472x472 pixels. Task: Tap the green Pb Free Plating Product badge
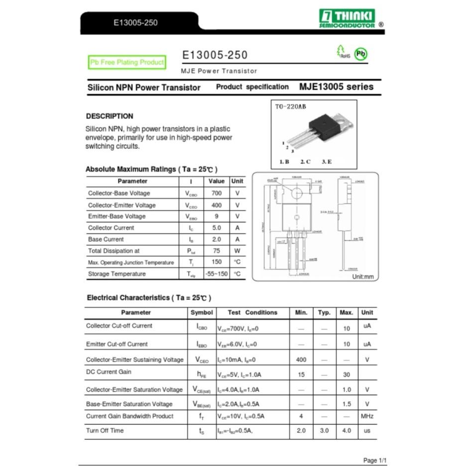[x=127, y=62]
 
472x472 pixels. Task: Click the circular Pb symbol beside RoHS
[x=360, y=54]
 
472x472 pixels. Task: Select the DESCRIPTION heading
[x=110, y=116]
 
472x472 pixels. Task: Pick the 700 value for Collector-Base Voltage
[x=216, y=193]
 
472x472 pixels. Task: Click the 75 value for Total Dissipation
[x=216, y=251]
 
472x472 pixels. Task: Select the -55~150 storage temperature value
[x=216, y=274]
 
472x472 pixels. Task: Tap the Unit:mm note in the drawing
[x=362, y=277]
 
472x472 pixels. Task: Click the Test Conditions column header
[x=252, y=313]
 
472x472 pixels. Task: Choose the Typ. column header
[x=324, y=313]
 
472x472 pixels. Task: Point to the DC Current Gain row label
[x=109, y=372]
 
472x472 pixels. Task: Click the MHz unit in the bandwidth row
[x=367, y=416]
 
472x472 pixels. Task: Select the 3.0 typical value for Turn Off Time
[x=324, y=431]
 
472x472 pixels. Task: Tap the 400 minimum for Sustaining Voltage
[x=301, y=359]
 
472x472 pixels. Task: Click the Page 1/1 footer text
[x=374, y=461]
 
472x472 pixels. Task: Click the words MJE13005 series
[x=336, y=87]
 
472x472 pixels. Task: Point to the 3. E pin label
[x=327, y=161]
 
